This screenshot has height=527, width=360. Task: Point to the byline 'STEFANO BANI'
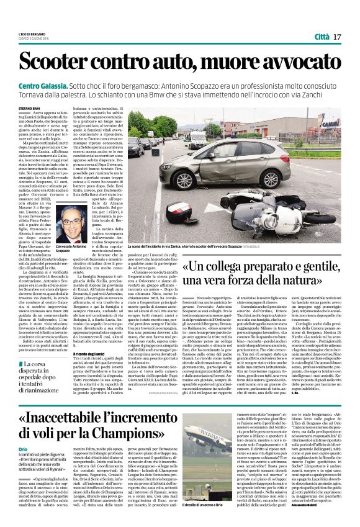click(x=31, y=107)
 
